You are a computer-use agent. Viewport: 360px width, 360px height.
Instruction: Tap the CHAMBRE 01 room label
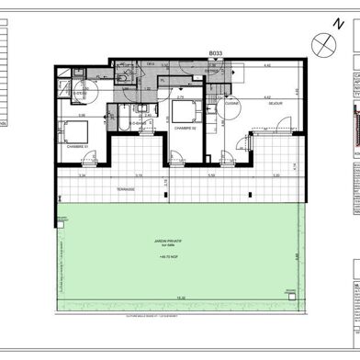click(x=76, y=145)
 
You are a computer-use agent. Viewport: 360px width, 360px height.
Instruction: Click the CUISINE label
click(x=232, y=102)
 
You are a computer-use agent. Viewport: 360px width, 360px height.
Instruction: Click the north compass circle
click(x=322, y=42)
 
